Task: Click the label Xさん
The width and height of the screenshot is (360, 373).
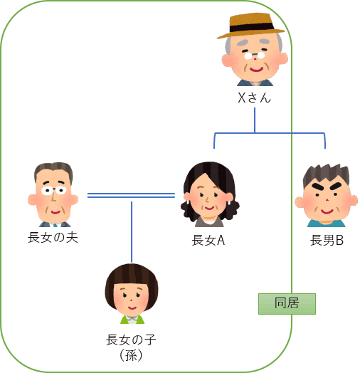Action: [x=254, y=98]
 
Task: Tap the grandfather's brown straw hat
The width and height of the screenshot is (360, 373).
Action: [x=250, y=26]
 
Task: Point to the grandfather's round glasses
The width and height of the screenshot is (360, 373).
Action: [x=255, y=56]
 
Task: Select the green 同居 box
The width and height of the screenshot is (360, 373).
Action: [x=287, y=304]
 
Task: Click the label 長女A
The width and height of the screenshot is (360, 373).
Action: [x=208, y=241]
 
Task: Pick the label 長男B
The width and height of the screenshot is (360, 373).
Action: [x=327, y=241]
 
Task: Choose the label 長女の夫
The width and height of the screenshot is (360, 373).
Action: [x=53, y=238]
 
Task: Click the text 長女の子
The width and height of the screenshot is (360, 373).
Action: [x=131, y=340]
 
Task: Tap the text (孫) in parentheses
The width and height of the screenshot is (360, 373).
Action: [x=131, y=355]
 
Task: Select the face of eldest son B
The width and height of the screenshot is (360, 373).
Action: [x=327, y=200]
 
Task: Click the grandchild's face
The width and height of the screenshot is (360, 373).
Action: [x=131, y=298]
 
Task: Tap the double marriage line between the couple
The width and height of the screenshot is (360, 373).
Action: [x=131, y=196]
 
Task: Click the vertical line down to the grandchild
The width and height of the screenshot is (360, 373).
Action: [x=132, y=232]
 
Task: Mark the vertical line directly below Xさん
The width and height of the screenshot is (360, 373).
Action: [x=255, y=120]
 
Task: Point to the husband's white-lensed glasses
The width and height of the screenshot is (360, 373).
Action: [x=53, y=190]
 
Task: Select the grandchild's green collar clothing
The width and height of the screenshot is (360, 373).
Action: [x=132, y=319]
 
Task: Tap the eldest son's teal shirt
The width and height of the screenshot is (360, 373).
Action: [x=326, y=224]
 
